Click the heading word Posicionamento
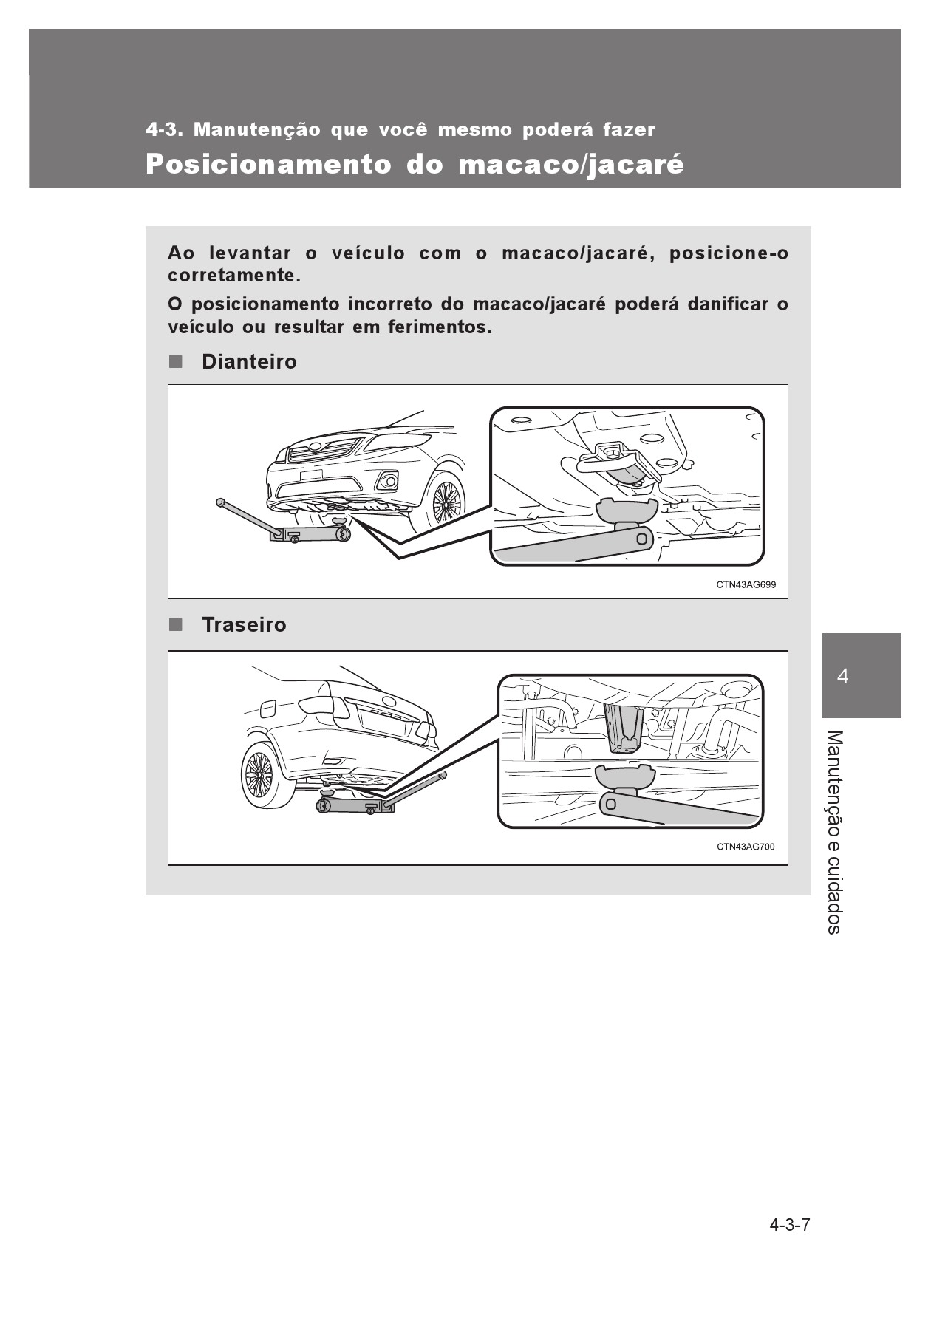[x=268, y=164]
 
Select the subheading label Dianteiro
[x=249, y=361]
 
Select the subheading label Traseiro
[x=244, y=624]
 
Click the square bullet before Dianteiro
[x=174, y=361]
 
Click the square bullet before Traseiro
[x=174, y=624]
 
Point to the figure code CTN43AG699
[x=746, y=584]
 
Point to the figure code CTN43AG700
[x=746, y=847]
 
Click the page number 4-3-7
[x=790, y=1225]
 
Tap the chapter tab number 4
[x=843, y=676]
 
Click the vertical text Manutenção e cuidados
[x=833, y=832]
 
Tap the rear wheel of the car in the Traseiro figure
[x=261, y=775]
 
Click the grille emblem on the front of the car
[x=316, y=446]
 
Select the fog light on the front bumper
[x=386, y=482]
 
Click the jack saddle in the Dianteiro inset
[x=626, y=510]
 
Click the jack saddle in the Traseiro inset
[x=625, y=777]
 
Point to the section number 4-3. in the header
[x=164, y=130]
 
